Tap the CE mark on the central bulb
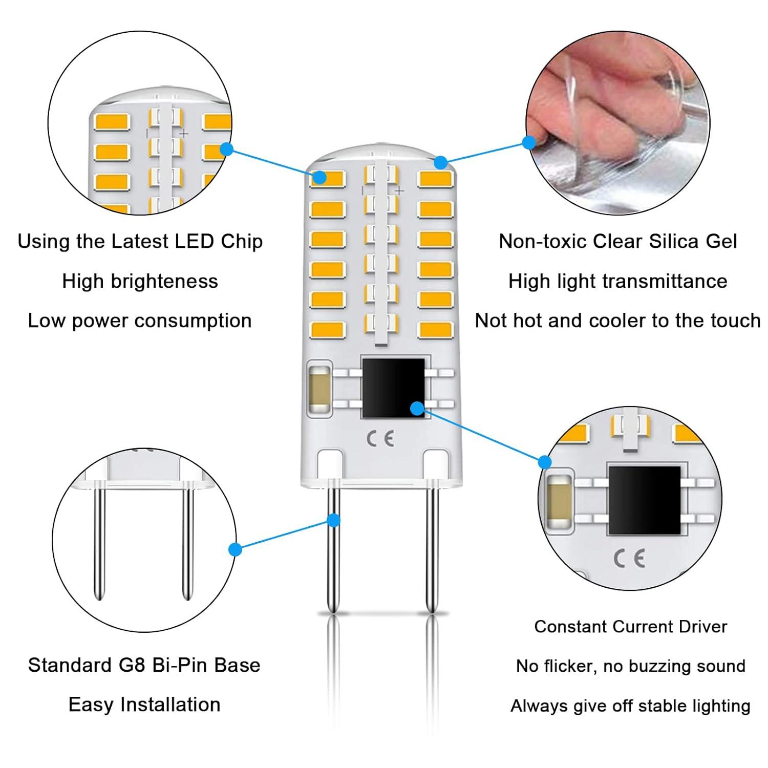(380, 439)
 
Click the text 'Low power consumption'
(140, 321)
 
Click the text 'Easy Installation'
(144, 705)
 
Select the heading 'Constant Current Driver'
(630, 627)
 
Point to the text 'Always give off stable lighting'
(630, 706)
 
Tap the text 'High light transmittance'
(617, 282)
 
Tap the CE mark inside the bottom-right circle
(629, 558)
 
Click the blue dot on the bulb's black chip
(417, 408)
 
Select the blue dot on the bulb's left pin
(334, 520)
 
